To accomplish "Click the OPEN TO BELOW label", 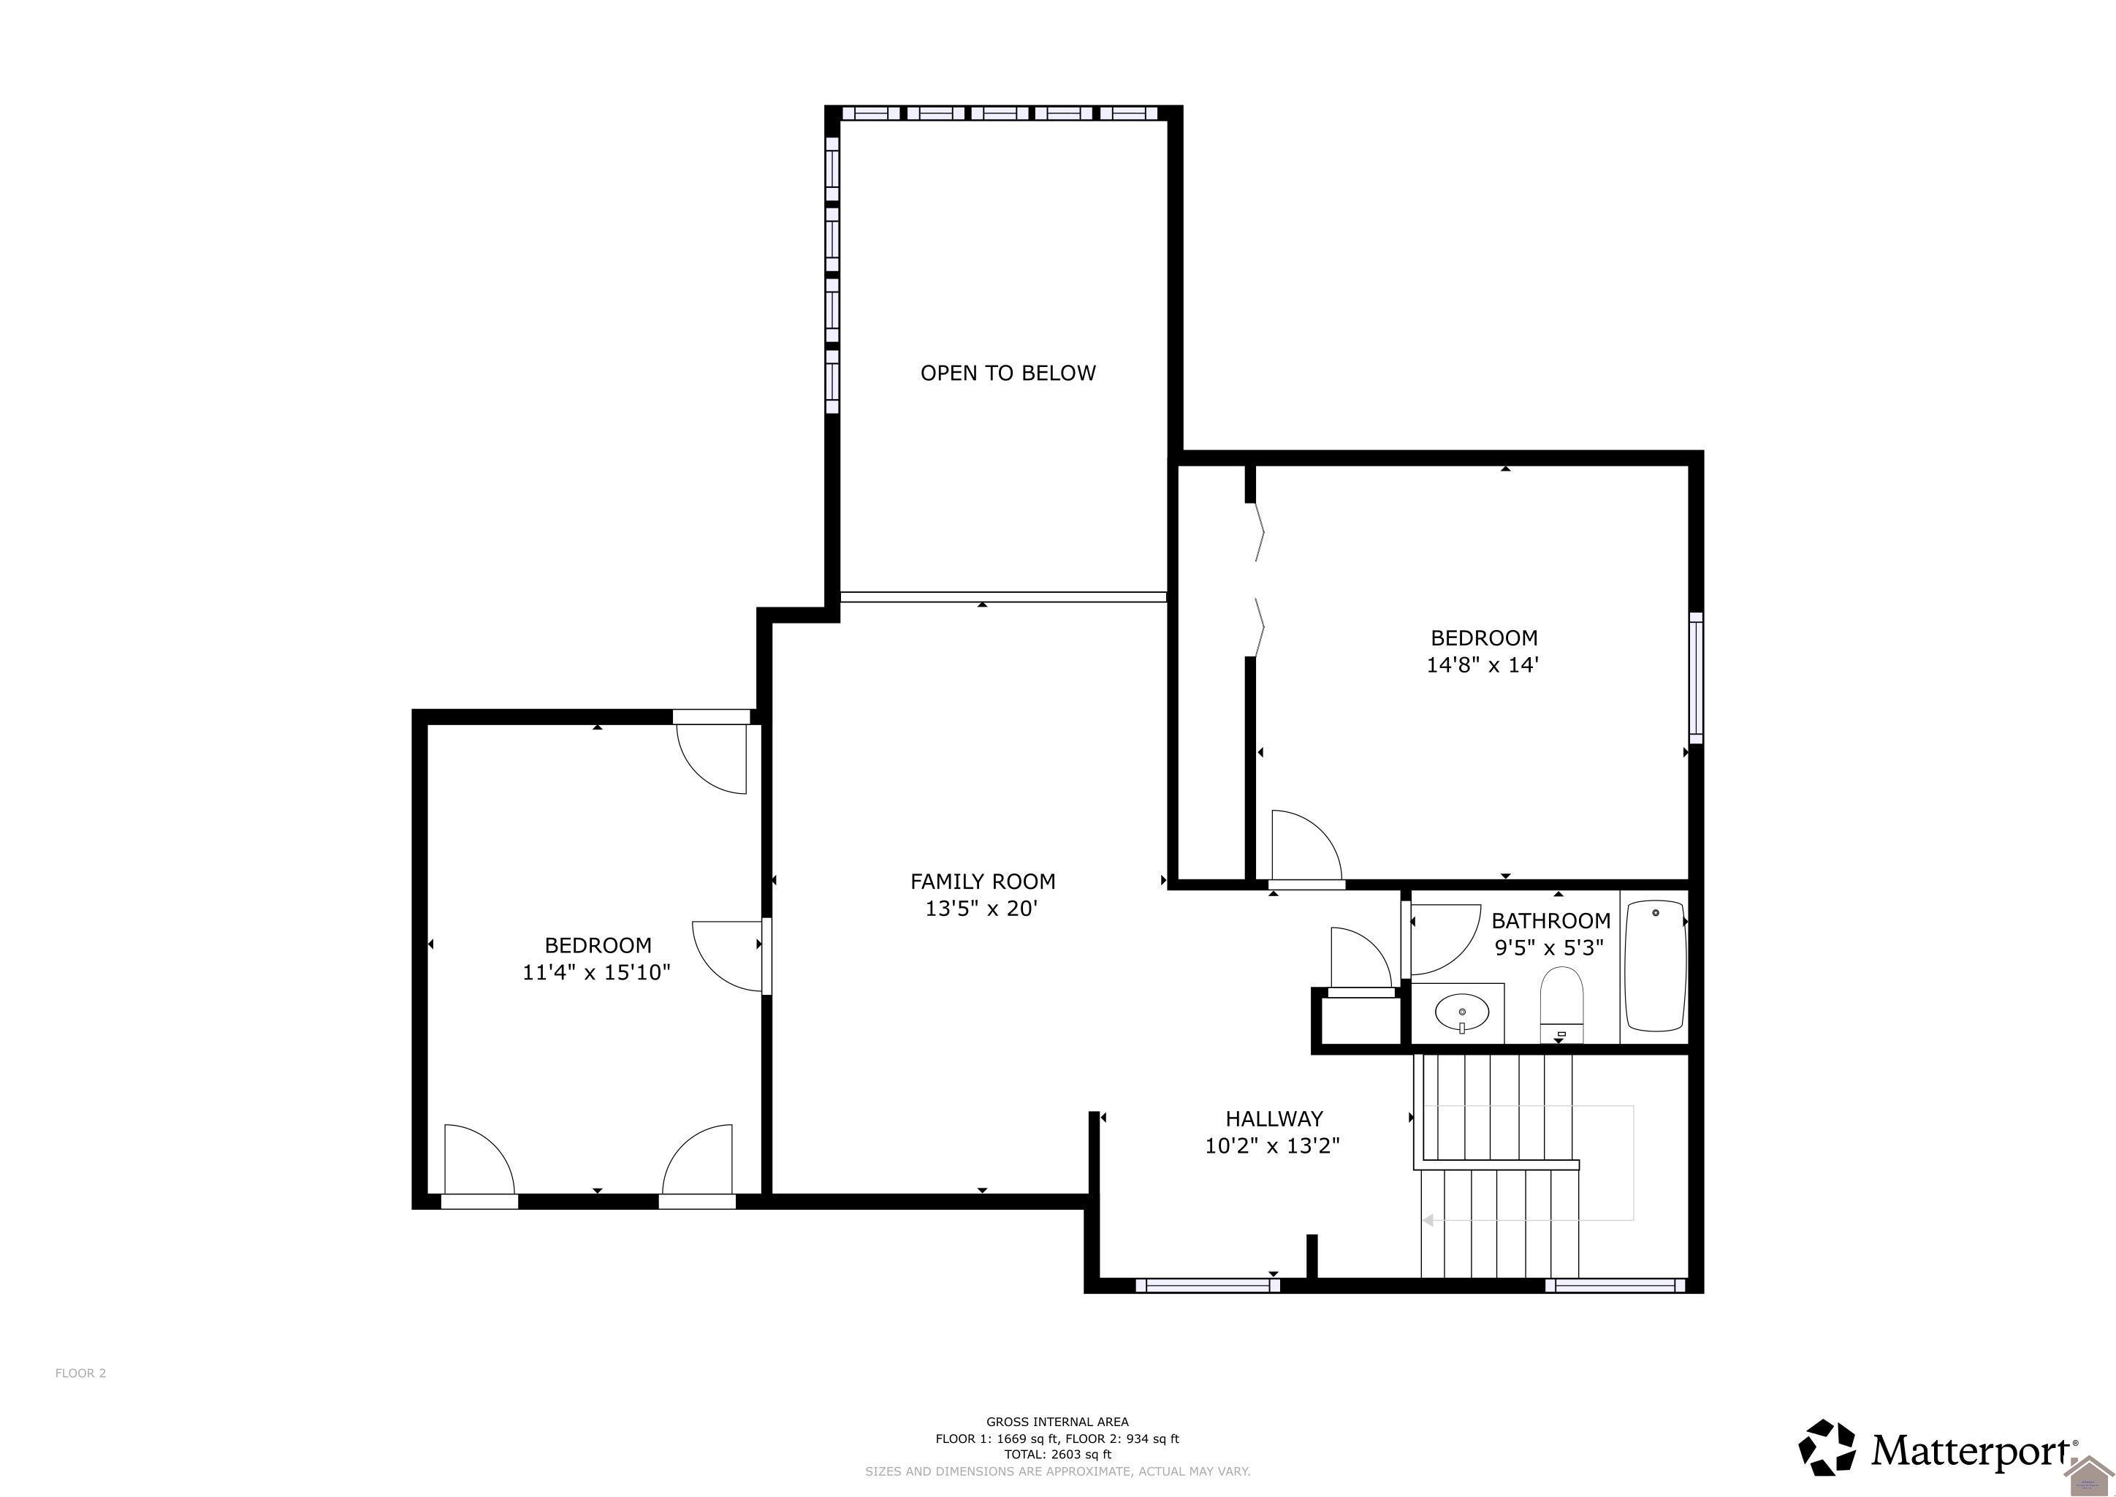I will (1008, 374).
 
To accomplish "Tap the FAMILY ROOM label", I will (983, 882).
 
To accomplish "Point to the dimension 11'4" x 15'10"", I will (596, 972).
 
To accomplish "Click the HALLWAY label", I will (1274, 1118).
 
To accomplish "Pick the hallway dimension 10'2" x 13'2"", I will (1272, 1146).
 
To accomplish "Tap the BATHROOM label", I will (1550, 920).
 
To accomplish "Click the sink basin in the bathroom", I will (1461, 1014).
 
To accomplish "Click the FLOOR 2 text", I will (80, 1373).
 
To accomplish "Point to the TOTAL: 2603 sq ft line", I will (1057, 1455).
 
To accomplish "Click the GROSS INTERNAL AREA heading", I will (1057, 1422).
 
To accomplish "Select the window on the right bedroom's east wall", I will (1695, 678).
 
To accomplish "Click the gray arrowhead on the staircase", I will (1428, 1221).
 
